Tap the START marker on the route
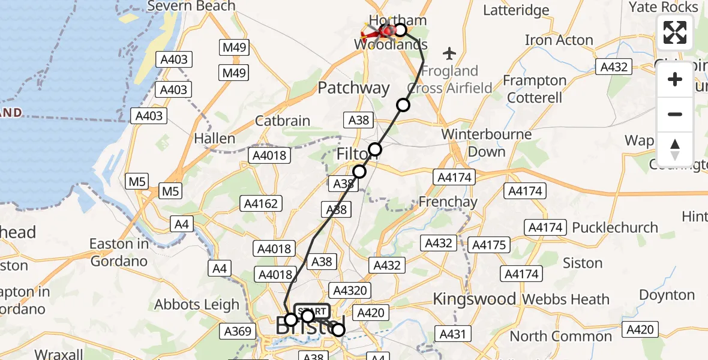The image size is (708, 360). click(312, 311)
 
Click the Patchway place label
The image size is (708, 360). click(353, 88)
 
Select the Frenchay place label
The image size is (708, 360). click(448, 202)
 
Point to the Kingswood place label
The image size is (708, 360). click(474, 299)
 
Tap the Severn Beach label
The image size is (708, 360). click(191, 6)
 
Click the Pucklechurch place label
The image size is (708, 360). click(615, 228)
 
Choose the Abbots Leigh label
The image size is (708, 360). click(197, 305)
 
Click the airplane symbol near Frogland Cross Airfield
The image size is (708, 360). click(449, 54)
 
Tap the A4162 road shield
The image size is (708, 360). click(261, 204)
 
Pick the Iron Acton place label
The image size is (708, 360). click(559, 41)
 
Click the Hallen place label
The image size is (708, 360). click(214, 139)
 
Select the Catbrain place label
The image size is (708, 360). click(283, 121)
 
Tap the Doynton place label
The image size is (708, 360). click(667, 295)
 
